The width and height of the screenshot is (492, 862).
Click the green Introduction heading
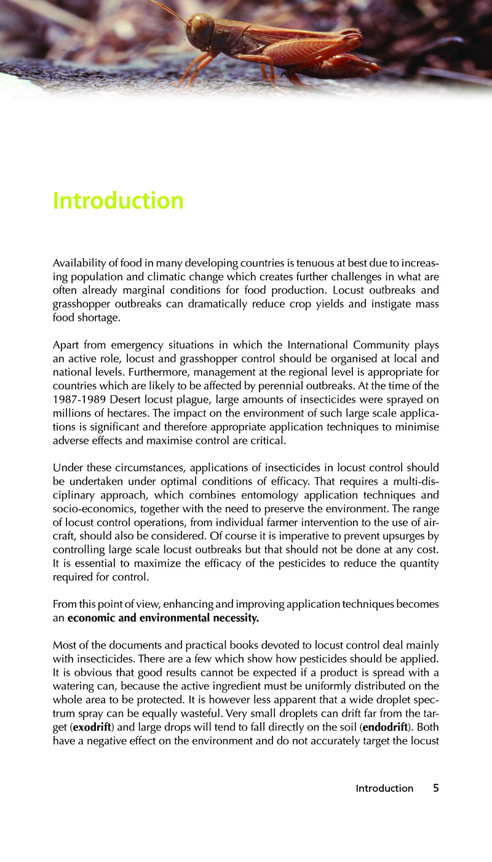point(118,201)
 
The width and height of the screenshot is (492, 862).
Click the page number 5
point(435,787)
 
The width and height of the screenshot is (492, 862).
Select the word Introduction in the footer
point(384,788)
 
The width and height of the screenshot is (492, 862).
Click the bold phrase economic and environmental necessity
point(163,618)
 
